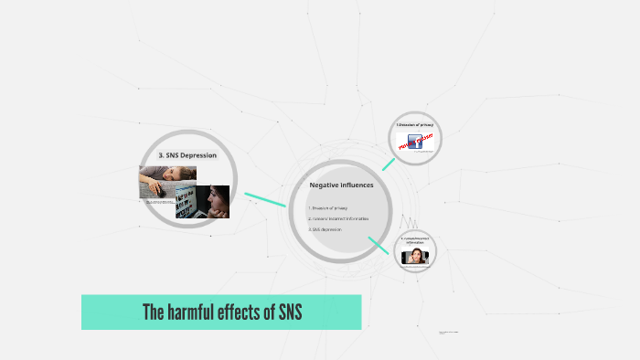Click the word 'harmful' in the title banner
pyautogui.click(x=194, y=312)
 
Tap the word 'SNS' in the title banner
pyautogui.click(x=286, y=312)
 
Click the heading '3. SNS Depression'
pyautogui.click(x=187, y=155)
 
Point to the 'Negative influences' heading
pyautogui.click(x=341, y=185)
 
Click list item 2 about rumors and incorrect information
pyautogui.click(x=338, y=218)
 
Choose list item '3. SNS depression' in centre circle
pyautogui.click(x=325, y=229)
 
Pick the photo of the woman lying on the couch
pyautogui.click(x=167, y=180)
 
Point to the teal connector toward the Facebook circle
pyautogui.click(x=389, y=164)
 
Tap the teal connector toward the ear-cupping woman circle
pyautogui.click(x=379, y=244)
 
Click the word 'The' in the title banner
pyautogui.click(x=153, y=312)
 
